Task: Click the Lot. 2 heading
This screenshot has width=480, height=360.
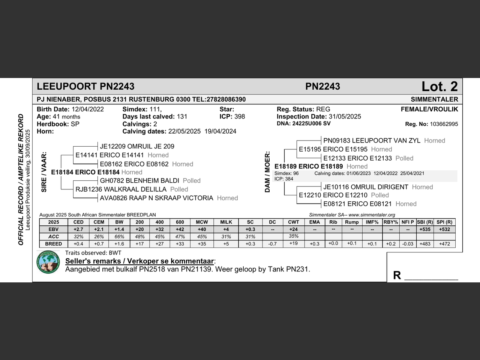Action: [439, 87]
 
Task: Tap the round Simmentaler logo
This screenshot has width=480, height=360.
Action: [48, 262]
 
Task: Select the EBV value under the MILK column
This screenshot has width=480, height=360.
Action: [226, 229]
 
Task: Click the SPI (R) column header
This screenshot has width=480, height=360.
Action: [444, 222]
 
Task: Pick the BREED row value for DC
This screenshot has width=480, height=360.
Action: [273, 244]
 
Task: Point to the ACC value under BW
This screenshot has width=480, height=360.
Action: [119, 237]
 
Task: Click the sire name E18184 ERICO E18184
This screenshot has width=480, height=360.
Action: [85, 172]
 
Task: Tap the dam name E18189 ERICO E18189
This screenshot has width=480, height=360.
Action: [309, 166]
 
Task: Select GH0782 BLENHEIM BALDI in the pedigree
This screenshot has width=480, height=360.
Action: [139, 181]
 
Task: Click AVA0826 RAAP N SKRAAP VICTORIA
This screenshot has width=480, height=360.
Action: [156, 198]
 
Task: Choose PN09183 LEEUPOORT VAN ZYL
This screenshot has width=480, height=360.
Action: [372, 141]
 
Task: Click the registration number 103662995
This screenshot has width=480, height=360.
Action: [444, 124]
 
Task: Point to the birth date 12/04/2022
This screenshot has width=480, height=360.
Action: [88, 109]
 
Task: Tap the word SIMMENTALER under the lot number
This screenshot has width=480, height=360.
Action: [434, 99]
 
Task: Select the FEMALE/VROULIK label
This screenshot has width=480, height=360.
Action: [429, 109]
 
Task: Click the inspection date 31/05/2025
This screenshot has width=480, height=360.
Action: [345, 117]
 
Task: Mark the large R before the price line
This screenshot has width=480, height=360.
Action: [397, 275]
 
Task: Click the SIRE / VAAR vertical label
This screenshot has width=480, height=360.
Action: [44, 172]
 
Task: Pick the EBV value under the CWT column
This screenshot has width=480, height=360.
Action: [294, 229]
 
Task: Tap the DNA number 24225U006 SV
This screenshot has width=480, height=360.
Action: [311, 123]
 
